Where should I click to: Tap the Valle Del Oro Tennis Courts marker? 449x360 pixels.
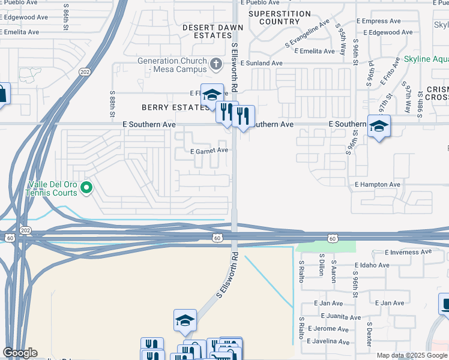click(x=86, y=188)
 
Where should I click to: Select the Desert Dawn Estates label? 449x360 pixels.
click(x=213, y=31)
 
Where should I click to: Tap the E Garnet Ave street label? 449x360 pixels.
click(x=209, y=151)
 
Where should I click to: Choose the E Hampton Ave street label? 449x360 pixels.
click(x=378, y=185)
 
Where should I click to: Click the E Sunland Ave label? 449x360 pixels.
click(x=261, y=62)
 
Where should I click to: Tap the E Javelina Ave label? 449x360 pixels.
click(x=328, y=342)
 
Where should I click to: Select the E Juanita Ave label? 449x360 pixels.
click(x=341, y=317)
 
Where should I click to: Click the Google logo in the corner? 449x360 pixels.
click(x=20, y=353)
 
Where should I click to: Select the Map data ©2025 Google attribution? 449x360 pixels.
click(x=412, y=355)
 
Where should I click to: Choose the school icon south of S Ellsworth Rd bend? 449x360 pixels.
click(x=185, y=320)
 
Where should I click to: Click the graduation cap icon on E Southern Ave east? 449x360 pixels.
click(x=379, y=126)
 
